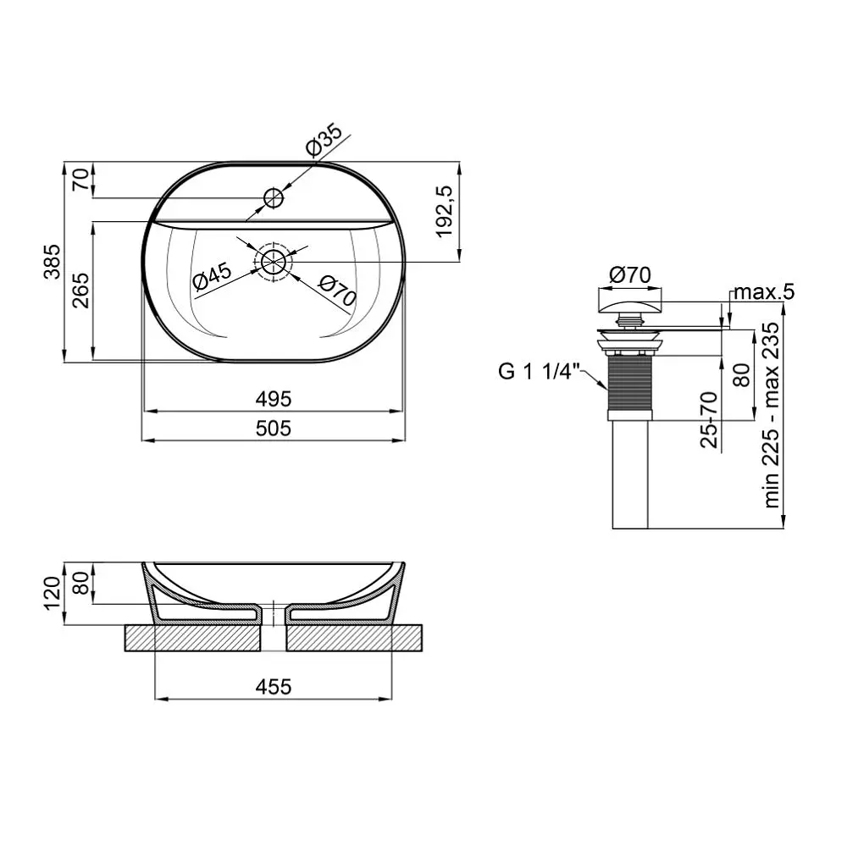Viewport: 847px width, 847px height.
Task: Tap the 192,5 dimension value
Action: pyautogui.click(x=445, y=211)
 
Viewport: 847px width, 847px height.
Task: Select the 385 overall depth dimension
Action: pyautogui.click(x=53, y=262)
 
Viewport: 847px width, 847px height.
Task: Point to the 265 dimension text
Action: pyautogui.click(x=80, y=291)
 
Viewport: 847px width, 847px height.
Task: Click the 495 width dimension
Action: pyautogui.click(x=274, y=399)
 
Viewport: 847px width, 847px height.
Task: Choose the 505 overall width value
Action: pyautogui.click(x=274, y=429)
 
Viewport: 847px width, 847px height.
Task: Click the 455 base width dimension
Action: pyautogui.click(x=274, y=687)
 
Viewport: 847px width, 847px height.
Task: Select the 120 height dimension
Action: pyautogui.click(x=53, y=593)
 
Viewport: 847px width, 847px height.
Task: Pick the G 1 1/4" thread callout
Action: pyautogui.click(x=539, y=372)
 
